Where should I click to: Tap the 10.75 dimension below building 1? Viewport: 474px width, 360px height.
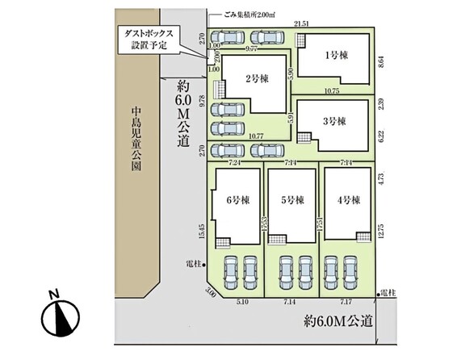(330, 91)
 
